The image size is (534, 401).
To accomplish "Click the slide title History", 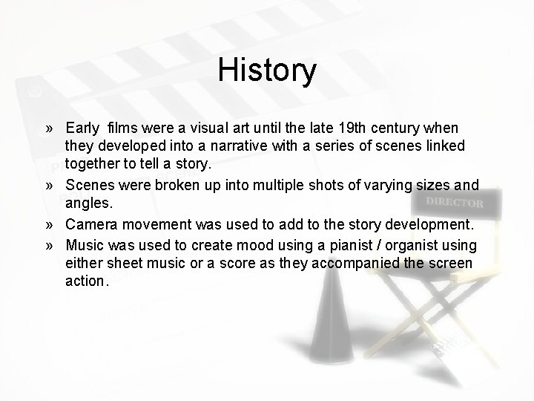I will pyautogui.click(x=267, y=71).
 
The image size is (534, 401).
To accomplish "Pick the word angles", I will pyautogui.click(x=89, y=202).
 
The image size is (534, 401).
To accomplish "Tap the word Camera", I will pyautogui.click(x=91, y=224).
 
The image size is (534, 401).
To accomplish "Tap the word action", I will pyautogui.click(x=87, y=281).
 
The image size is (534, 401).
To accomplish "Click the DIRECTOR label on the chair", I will pyautogui.click(x=454, y=203).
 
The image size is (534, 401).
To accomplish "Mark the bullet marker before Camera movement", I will pyautogui.click(x=48, y=225).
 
